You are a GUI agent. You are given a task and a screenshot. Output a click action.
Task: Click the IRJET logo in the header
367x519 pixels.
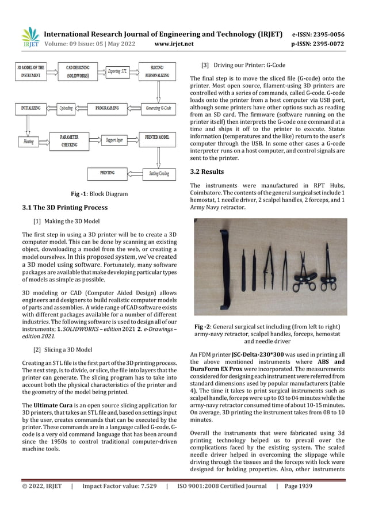[x=29, y=37]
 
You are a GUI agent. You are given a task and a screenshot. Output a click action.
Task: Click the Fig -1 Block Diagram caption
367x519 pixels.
[x=98, y=194]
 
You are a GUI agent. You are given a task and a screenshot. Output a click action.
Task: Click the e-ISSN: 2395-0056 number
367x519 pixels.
[x=326, y=34]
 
